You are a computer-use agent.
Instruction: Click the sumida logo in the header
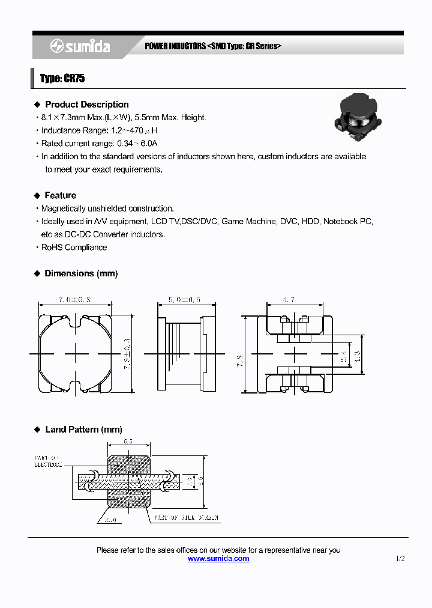tap(80, 46)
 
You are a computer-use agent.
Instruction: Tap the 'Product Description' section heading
tap(86, 105)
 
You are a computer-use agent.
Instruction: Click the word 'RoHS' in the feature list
tap(52, 248)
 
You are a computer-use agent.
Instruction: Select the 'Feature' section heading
tap(60, 195)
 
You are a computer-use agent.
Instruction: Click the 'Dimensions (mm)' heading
tap(81, 273)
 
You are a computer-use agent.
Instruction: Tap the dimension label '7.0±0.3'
tap(74, 300)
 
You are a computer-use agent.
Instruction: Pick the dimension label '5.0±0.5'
tap(184, 300)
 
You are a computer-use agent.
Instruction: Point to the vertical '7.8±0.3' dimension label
tap(127, 354)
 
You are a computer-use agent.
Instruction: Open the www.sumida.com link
tap(218, 559)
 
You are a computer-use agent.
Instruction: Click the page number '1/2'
tap(400, 559)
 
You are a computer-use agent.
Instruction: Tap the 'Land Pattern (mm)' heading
tap(83, 430)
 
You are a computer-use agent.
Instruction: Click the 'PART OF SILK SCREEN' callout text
tap(186, 517)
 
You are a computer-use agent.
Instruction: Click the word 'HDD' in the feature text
tap(310, 222)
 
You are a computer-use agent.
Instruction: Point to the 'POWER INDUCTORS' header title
tap(175, 47)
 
